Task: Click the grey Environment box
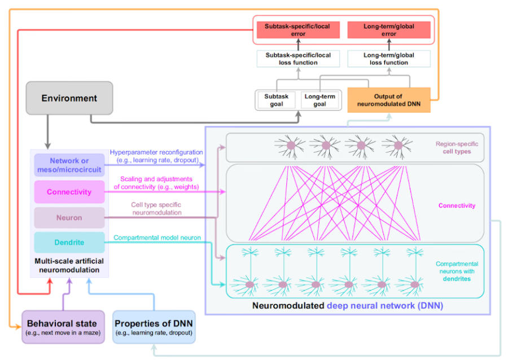click(69, 98)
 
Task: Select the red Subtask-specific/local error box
click(298, 30)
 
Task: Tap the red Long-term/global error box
click(388, 30)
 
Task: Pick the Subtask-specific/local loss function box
click(298, 59)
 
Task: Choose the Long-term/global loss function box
click(388, 59)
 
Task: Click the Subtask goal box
click(276, 100)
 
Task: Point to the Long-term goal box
click(319, 100)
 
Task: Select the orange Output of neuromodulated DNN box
click(388, 100)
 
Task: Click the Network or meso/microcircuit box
click(69, 165)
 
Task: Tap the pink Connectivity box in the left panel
click(69, 192)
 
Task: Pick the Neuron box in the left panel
click(69, 217)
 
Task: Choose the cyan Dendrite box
click(69, 243)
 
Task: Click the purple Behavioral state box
click(63, 327)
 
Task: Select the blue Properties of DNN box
click(154, 327)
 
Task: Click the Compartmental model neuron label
click(157, 238)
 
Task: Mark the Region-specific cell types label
click(453, 148)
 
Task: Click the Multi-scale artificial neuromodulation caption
click(69, 265)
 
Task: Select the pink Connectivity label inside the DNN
click(457, 206)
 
